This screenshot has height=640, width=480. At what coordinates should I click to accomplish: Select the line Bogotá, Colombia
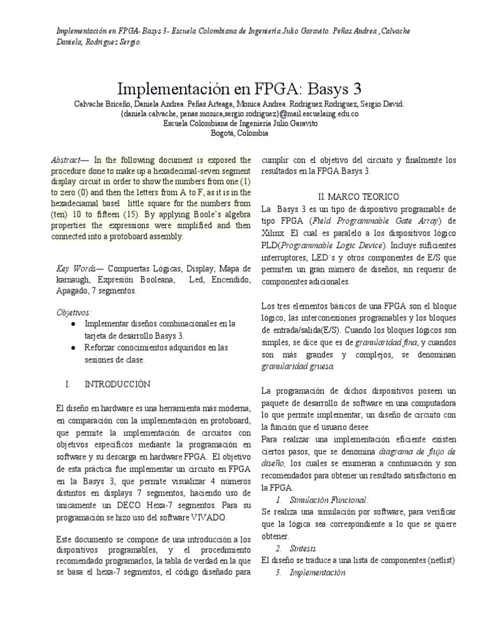240,133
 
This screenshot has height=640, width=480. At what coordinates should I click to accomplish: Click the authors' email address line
239,114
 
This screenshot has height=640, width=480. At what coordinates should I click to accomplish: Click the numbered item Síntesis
303,548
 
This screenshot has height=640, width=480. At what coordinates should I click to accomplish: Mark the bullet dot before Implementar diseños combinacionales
74,324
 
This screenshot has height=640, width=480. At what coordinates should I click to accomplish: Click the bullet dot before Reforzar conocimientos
74,347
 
